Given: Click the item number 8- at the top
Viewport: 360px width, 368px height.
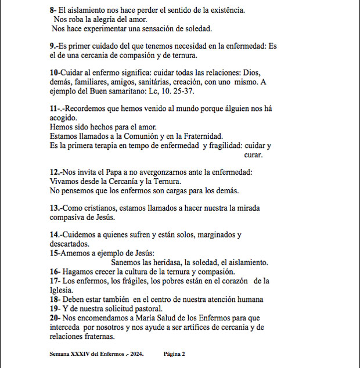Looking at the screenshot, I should point(53,10).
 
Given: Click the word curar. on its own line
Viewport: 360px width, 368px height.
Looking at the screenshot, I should point(253,155).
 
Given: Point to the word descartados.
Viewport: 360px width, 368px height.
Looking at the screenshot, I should point(70,244).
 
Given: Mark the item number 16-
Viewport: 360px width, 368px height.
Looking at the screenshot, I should point(55,271).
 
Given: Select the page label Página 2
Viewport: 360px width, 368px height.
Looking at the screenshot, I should point(174,353).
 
